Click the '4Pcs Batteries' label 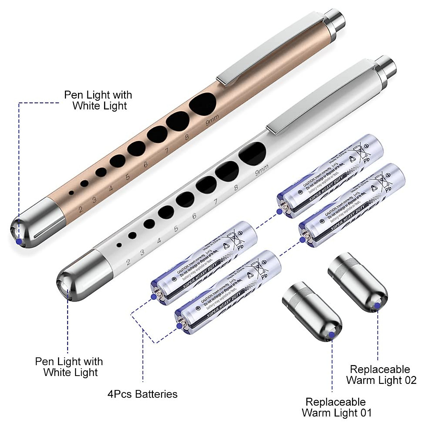142,394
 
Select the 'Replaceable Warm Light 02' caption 381,374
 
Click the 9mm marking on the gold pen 211,122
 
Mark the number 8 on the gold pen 187,137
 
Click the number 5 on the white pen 176,229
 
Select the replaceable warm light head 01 312,312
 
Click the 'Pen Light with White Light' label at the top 98,100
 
